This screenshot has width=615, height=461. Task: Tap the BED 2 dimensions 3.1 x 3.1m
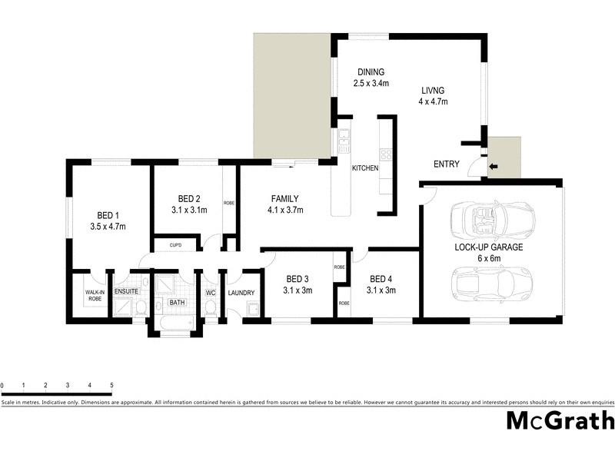point(189,210)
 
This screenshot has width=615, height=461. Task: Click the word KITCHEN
point(364,168)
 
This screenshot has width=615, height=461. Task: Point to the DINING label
point(370,73)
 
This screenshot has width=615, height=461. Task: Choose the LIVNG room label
point(433,89)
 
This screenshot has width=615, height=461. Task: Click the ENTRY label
point(447,164)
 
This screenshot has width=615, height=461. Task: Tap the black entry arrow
point(494,165)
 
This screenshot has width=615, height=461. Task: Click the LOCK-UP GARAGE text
point(489,247)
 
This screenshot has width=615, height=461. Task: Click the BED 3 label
point(298,279)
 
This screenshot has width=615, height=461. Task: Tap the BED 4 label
point(381,279)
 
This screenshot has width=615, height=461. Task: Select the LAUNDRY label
point(241,292)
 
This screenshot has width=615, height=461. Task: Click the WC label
point(210,292)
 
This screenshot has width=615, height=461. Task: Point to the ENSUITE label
point(126,292)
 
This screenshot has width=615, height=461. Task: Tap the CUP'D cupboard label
point(175,246)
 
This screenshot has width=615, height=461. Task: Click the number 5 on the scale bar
point(111,385)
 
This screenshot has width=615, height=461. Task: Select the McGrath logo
point(560,420)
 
